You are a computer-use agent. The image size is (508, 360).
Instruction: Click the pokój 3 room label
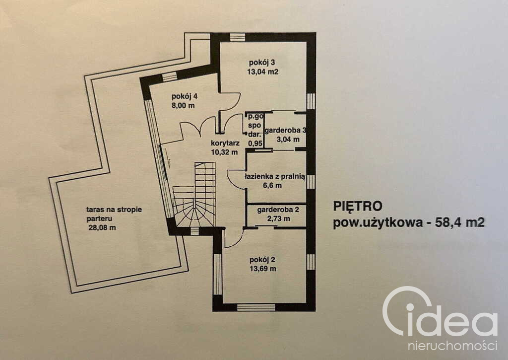pyautogui.click(x=262, y=63)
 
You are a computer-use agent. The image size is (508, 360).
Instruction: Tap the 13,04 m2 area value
pyautogui.click(x=263, y=72)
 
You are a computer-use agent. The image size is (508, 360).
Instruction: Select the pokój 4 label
pyautogui.click(x=185, y=96)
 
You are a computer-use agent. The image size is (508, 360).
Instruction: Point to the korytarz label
pyautogui.click(x=225, y=143)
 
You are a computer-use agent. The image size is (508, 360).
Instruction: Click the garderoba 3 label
pyautogui.click(x=285, y=131)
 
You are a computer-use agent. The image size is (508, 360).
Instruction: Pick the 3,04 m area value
pyautogui.click(x=288, y=140)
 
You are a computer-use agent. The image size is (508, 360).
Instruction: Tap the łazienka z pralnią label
pyautogui.click(x=275, y=177)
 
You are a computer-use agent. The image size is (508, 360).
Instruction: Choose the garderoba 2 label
pyautogui.click(x=278, y=210)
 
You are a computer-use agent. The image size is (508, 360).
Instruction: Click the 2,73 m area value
pyautogui.click(x=279, y=218)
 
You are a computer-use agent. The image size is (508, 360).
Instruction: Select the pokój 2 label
pyautogui.click(x=262, y=260)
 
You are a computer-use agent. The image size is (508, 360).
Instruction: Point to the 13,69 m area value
pyautogui.click(x=263, y=269)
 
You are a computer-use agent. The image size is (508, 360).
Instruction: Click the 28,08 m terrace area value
pyautogui.click(x=102, y=227)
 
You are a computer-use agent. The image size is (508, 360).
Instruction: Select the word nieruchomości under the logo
pyautogui.click(x=452, y=346)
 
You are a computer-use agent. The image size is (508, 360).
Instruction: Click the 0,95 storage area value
pyautogui.click(x=255, y=143)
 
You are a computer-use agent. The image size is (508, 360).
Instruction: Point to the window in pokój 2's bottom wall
pyautogui.click(x=256, y=307)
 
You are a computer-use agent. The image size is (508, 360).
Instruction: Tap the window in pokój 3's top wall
pyautogui.click(x=238, y=37)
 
